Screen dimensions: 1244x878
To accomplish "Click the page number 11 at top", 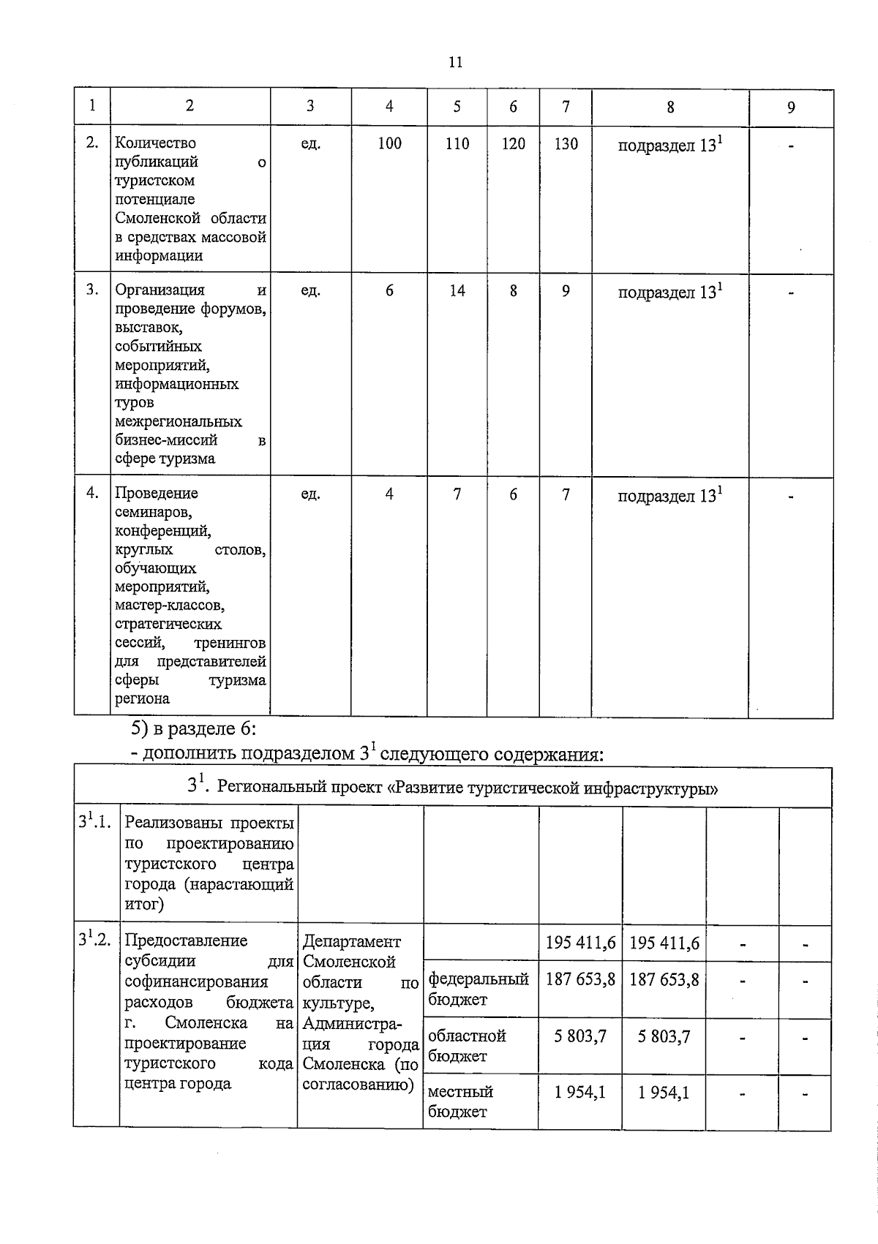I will (455, 62).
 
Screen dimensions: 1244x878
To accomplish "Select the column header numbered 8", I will (670, 108).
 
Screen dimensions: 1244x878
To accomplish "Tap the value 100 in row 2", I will (389, 144).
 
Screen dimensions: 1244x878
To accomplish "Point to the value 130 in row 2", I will (566, 144).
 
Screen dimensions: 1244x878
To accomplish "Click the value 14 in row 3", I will (457, 291).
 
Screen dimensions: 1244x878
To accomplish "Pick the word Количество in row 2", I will (155, 143).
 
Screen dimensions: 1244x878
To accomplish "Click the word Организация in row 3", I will (160, 290).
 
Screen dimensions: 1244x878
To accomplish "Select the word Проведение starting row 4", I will (156, 494).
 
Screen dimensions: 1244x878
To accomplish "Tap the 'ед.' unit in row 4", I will (311, 494).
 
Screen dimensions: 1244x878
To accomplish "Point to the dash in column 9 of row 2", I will (791, 146).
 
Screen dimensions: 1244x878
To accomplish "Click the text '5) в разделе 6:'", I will (193, 728).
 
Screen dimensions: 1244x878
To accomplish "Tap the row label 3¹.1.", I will (95, 822).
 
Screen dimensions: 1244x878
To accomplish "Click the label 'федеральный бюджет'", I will (478, 989).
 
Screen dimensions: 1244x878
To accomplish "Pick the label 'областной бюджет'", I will (467, 1046).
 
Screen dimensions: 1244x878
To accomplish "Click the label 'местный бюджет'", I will (460, 1101).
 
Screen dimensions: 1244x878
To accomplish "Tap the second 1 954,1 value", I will (664, 1093).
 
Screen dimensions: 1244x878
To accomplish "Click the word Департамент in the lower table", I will (352, 942).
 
